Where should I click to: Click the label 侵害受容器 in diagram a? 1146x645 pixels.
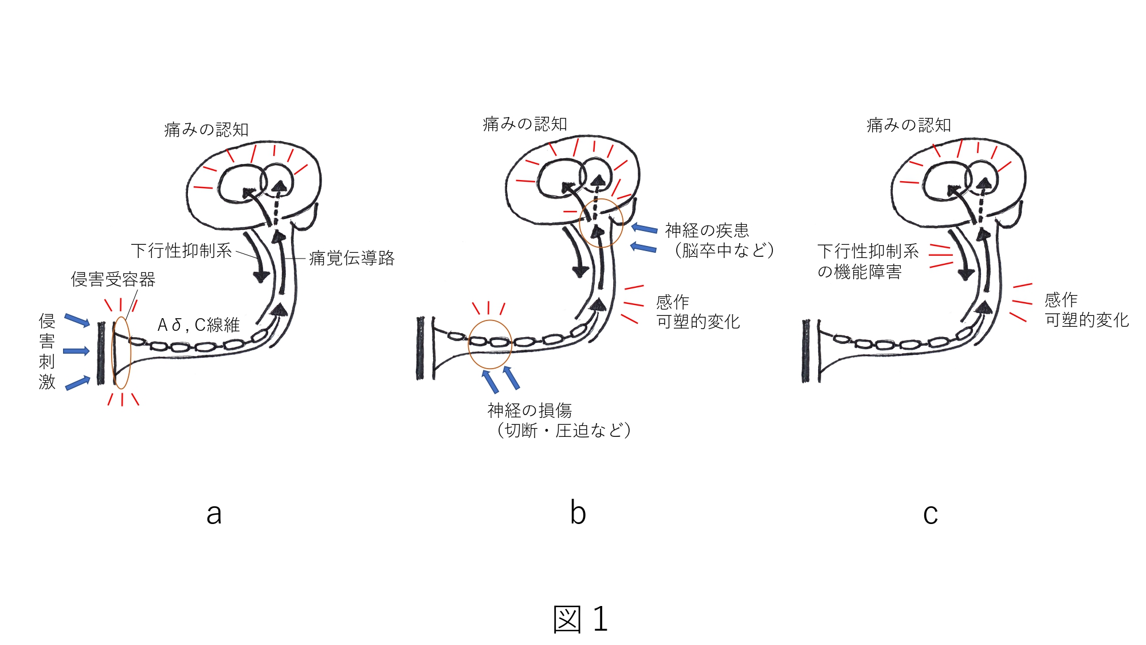(113, 280)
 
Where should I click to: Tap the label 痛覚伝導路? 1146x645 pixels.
(352, 258)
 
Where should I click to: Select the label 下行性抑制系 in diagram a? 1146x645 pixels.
(181, 251)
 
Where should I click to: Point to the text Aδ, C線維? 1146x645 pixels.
(198, 325)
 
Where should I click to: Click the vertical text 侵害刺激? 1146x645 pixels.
(47, 351)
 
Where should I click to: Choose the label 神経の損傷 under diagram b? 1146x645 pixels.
(529, 411)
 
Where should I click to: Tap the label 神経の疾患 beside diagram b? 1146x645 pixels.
(707, 230)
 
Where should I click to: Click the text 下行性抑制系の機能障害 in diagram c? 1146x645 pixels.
(868, 261)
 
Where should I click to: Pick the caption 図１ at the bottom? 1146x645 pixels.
(580, 619)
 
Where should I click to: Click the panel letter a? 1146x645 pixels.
(214, 514)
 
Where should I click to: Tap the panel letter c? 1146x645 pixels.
(931, 514)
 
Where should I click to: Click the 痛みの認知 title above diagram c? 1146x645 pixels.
(909, 125)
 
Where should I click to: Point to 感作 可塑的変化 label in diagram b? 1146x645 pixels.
(697, 312)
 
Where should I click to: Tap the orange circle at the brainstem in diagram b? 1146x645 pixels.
(601, 223)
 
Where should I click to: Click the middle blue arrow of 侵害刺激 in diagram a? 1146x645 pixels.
(76, 351)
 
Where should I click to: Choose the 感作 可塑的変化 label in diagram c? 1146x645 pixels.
(1086, 310)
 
